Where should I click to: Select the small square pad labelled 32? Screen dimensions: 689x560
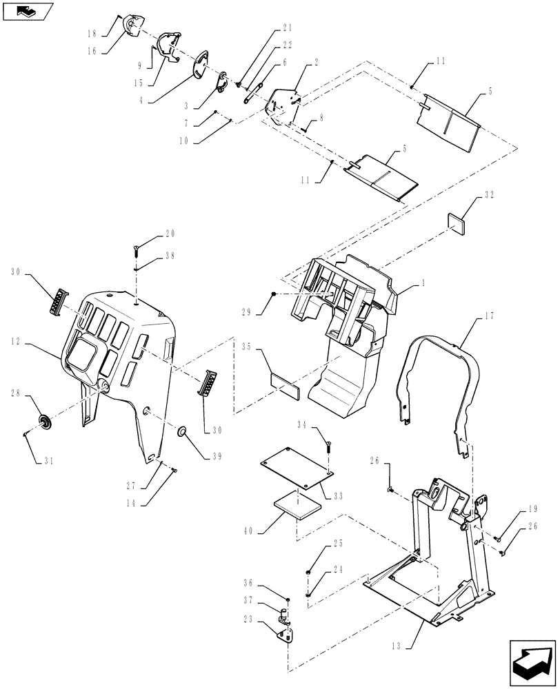tap(457, 221)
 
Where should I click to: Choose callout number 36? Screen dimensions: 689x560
tap(265, 583)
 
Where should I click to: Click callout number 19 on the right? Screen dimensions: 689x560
tap(533, 511)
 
